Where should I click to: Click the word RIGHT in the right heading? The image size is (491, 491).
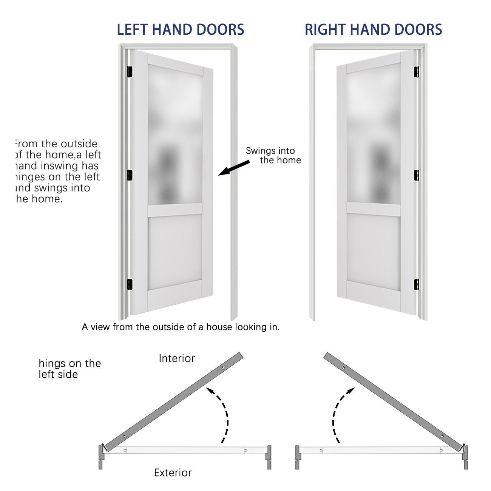pyautogui.click(x=325, y=30)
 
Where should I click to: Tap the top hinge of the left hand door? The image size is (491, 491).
pyautogui.click(x=130, y=72)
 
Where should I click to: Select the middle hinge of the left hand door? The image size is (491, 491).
pyautogui.click(x=130, y=175)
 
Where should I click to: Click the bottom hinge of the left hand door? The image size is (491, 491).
pyautogui.click(x=130, y=284)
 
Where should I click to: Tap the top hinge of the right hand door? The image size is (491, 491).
pyautogui.click(x=417, y=72)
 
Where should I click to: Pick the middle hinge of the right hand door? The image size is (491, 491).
pyautogui.click(x=417, y=175)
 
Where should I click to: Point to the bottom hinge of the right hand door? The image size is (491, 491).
pyautogui.click(x=417, y=284)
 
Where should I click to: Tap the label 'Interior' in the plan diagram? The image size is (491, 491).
pyautogui.click(x=177, y=358)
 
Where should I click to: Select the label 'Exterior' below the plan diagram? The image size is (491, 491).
pyautogui.click(x=173, y=473)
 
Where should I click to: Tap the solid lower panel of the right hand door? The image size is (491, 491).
pyautogui.click(x=373, y=251)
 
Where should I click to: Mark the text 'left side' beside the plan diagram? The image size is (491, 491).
pyautogui.click(x=58, y=375)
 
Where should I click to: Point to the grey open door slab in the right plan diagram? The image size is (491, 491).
pyautogui.click(x=393, y=400)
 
